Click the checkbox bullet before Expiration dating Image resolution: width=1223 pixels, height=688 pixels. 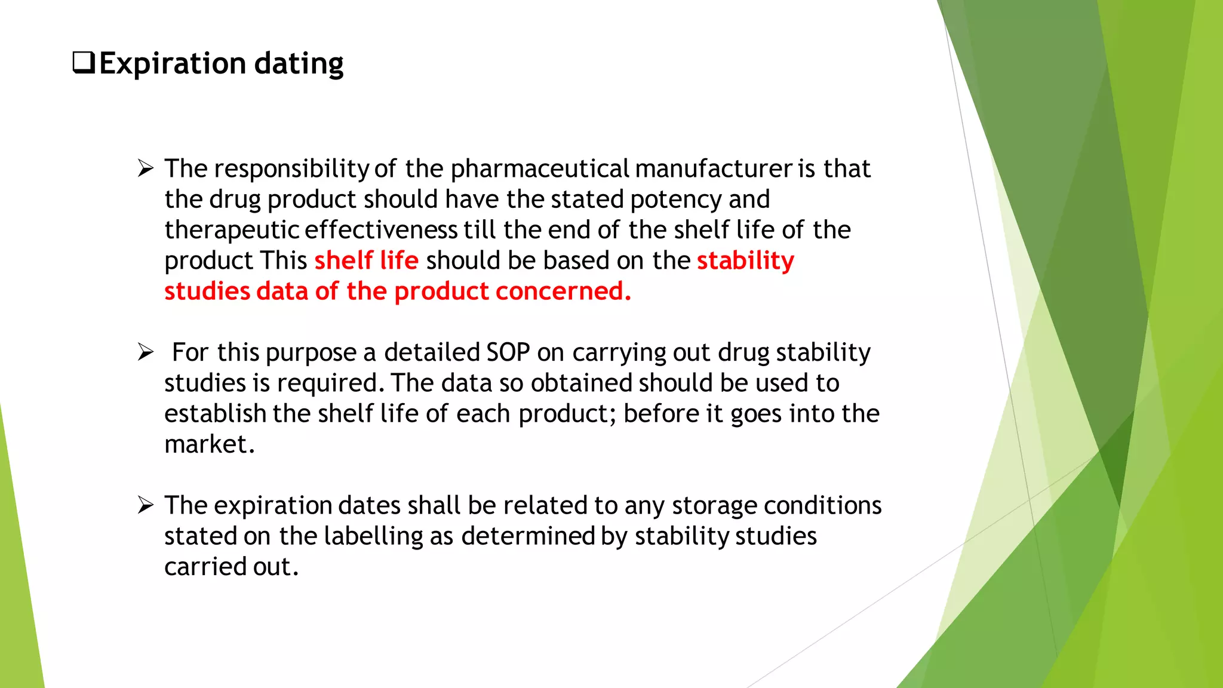pyautogui.click(x=84, y=63)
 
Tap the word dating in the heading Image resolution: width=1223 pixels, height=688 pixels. pyautogui.click(x=299, y=64)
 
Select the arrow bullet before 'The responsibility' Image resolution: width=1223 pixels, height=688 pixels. pyautogui.click(x=146, y=168)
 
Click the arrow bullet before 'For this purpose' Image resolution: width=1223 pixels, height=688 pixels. pyautogui.click(x=146, y=352)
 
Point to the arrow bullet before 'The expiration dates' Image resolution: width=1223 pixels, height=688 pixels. pyautogui.click(x=146, y=505)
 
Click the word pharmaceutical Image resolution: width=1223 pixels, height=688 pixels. pyautogui.click(x=540, y=169)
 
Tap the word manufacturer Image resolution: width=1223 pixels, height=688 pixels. pyautogui.click(x=714, y=169)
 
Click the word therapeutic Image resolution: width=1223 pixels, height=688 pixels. pyautogui.click(x=232, y=230)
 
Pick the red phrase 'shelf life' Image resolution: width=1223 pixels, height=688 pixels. pyautogui.click(x=366, y=260)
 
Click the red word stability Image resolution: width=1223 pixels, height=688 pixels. pyautogui.click(x=745, y=260)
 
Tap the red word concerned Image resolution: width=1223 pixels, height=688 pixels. pyautogui.click(x=563, y=291)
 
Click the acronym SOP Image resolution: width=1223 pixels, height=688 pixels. pyautogui.click(x=508, y=352)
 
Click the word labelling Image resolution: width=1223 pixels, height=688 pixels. pyautogui.click(x=374, y=536)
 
